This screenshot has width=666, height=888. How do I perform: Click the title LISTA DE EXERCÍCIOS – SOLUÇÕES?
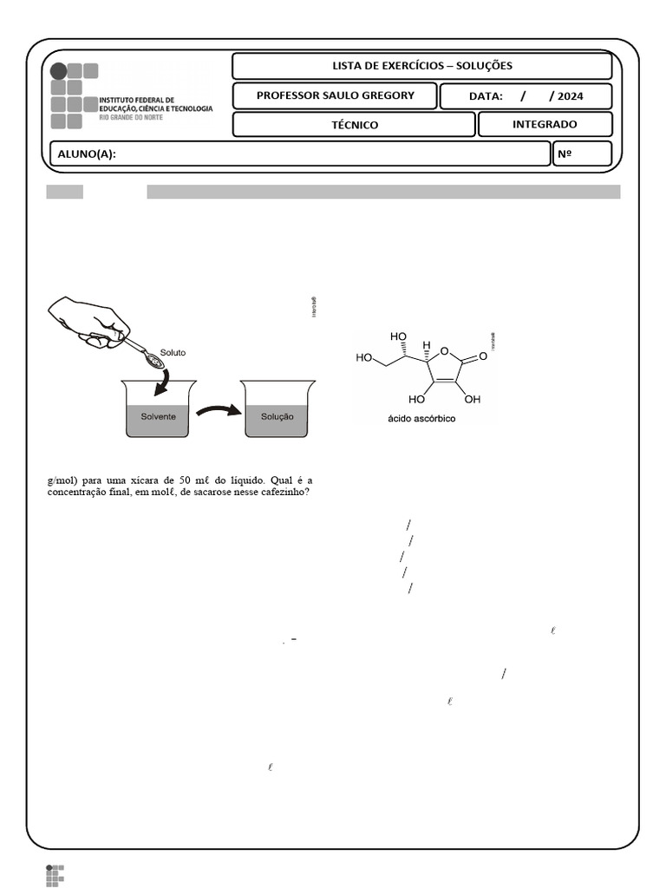pos(422,66)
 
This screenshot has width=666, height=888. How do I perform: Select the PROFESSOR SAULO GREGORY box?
pos(335,95)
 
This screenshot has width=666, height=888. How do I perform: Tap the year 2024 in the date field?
pos(571,96)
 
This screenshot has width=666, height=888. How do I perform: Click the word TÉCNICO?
pos(355,125)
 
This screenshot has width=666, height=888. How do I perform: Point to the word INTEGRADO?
pos(545,124)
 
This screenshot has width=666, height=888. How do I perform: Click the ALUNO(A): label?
pos(87,154)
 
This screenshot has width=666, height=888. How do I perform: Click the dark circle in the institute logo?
pos(58,71)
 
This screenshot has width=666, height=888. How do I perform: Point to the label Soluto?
pos(173,353)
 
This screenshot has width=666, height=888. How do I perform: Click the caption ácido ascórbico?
pos(421,418)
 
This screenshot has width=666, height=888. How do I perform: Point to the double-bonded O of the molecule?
pos(483,356)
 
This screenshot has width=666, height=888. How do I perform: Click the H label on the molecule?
pos(426,344)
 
